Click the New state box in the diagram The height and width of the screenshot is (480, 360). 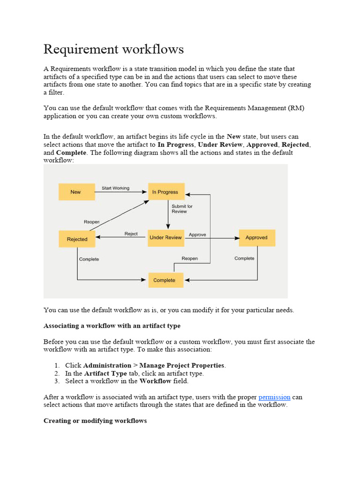pos(75,192)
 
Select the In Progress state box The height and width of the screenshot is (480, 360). pos(166,192)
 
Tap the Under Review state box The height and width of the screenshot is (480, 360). pos(165,238)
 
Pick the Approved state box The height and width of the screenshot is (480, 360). pos(256,238)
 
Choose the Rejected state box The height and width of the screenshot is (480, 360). pos(77,239)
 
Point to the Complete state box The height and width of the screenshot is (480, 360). pos(164,280)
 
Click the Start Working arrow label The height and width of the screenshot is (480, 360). pos(115,188)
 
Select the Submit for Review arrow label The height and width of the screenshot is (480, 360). pos(182,209)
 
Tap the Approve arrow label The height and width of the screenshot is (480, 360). pos(197,234)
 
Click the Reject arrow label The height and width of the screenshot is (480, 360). pos(131,234)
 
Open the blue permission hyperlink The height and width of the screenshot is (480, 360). pos(274,397)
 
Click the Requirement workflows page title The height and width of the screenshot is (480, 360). pos(114,49)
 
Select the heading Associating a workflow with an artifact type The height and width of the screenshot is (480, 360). pos(112,325)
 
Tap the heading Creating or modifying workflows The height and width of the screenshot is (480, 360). pos(95,420)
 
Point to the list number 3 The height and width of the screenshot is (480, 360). pos(56,381)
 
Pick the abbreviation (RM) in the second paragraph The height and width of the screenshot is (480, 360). pos(296,108)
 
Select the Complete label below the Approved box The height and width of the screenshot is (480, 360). pos(244,258)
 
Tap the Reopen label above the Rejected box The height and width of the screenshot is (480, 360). pos(91,222)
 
